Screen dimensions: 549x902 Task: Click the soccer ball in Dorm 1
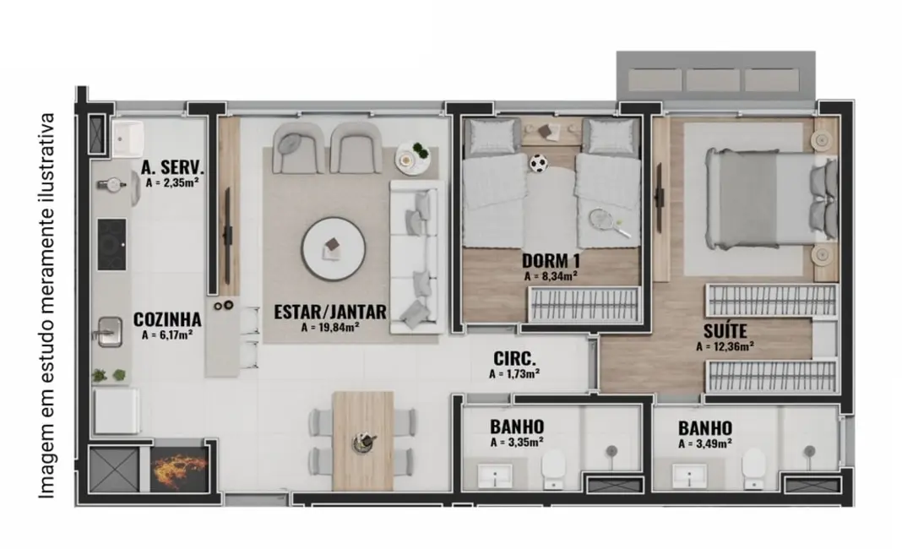(538, 161)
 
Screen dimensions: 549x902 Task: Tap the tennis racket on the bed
(606, 221)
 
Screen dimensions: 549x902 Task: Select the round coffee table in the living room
(334, 248)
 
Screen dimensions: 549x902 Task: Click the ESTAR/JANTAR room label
(330, 311)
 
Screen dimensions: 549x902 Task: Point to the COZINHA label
(167, 320)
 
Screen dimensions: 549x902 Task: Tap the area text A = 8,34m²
(550, 275)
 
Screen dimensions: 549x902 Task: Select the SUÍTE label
(725, 330)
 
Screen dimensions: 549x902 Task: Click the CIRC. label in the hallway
(513, 357)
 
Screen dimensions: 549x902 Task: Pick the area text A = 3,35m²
(516, 441)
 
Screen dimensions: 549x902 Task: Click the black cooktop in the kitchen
(111, 244)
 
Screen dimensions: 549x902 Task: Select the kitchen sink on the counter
(108, 331)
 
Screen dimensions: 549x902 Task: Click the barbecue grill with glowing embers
(178, 465)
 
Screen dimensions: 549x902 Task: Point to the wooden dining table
(363, 440)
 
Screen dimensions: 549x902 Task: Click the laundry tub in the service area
(130, 137)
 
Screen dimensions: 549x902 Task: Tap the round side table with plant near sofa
(415, 155)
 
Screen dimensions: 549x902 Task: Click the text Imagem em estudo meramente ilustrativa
(48, 305)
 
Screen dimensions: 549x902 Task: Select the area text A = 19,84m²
(330, 327)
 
